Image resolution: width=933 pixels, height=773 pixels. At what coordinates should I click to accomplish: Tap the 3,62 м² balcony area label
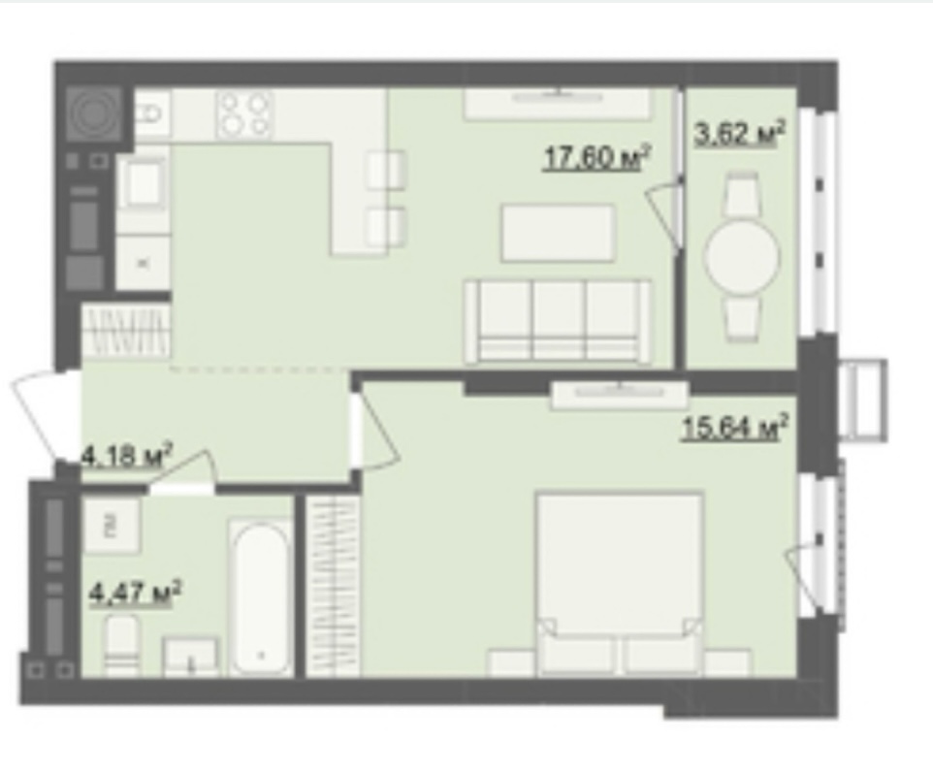(x=739, y=133)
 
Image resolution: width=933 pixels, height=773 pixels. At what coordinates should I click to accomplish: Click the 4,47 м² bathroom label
(x=135, y=594)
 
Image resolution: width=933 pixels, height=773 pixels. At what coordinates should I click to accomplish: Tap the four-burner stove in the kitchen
(x=244, y=114)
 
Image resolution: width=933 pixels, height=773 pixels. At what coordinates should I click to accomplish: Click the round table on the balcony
(x=741, y=257)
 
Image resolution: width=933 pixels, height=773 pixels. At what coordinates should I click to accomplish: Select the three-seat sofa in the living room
(x=558, y=321)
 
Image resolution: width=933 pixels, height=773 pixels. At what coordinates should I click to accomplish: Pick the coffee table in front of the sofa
(x=558, y=233)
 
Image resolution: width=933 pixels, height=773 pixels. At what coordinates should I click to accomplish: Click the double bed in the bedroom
(x=620, y=583)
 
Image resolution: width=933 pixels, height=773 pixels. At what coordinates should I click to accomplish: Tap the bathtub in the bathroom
(x=261, y=598)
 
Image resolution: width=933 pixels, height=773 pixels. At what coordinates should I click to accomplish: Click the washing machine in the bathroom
(x=112, y=526)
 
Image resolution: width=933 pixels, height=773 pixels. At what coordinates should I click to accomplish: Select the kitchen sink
(x=143, y=181)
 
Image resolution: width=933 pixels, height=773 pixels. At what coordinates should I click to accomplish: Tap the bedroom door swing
(x=374, y=430)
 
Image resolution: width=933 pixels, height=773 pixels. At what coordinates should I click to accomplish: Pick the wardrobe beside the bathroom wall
(x=333, y=586)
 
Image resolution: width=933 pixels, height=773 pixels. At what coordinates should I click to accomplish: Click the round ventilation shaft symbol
(x=93, y=113)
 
